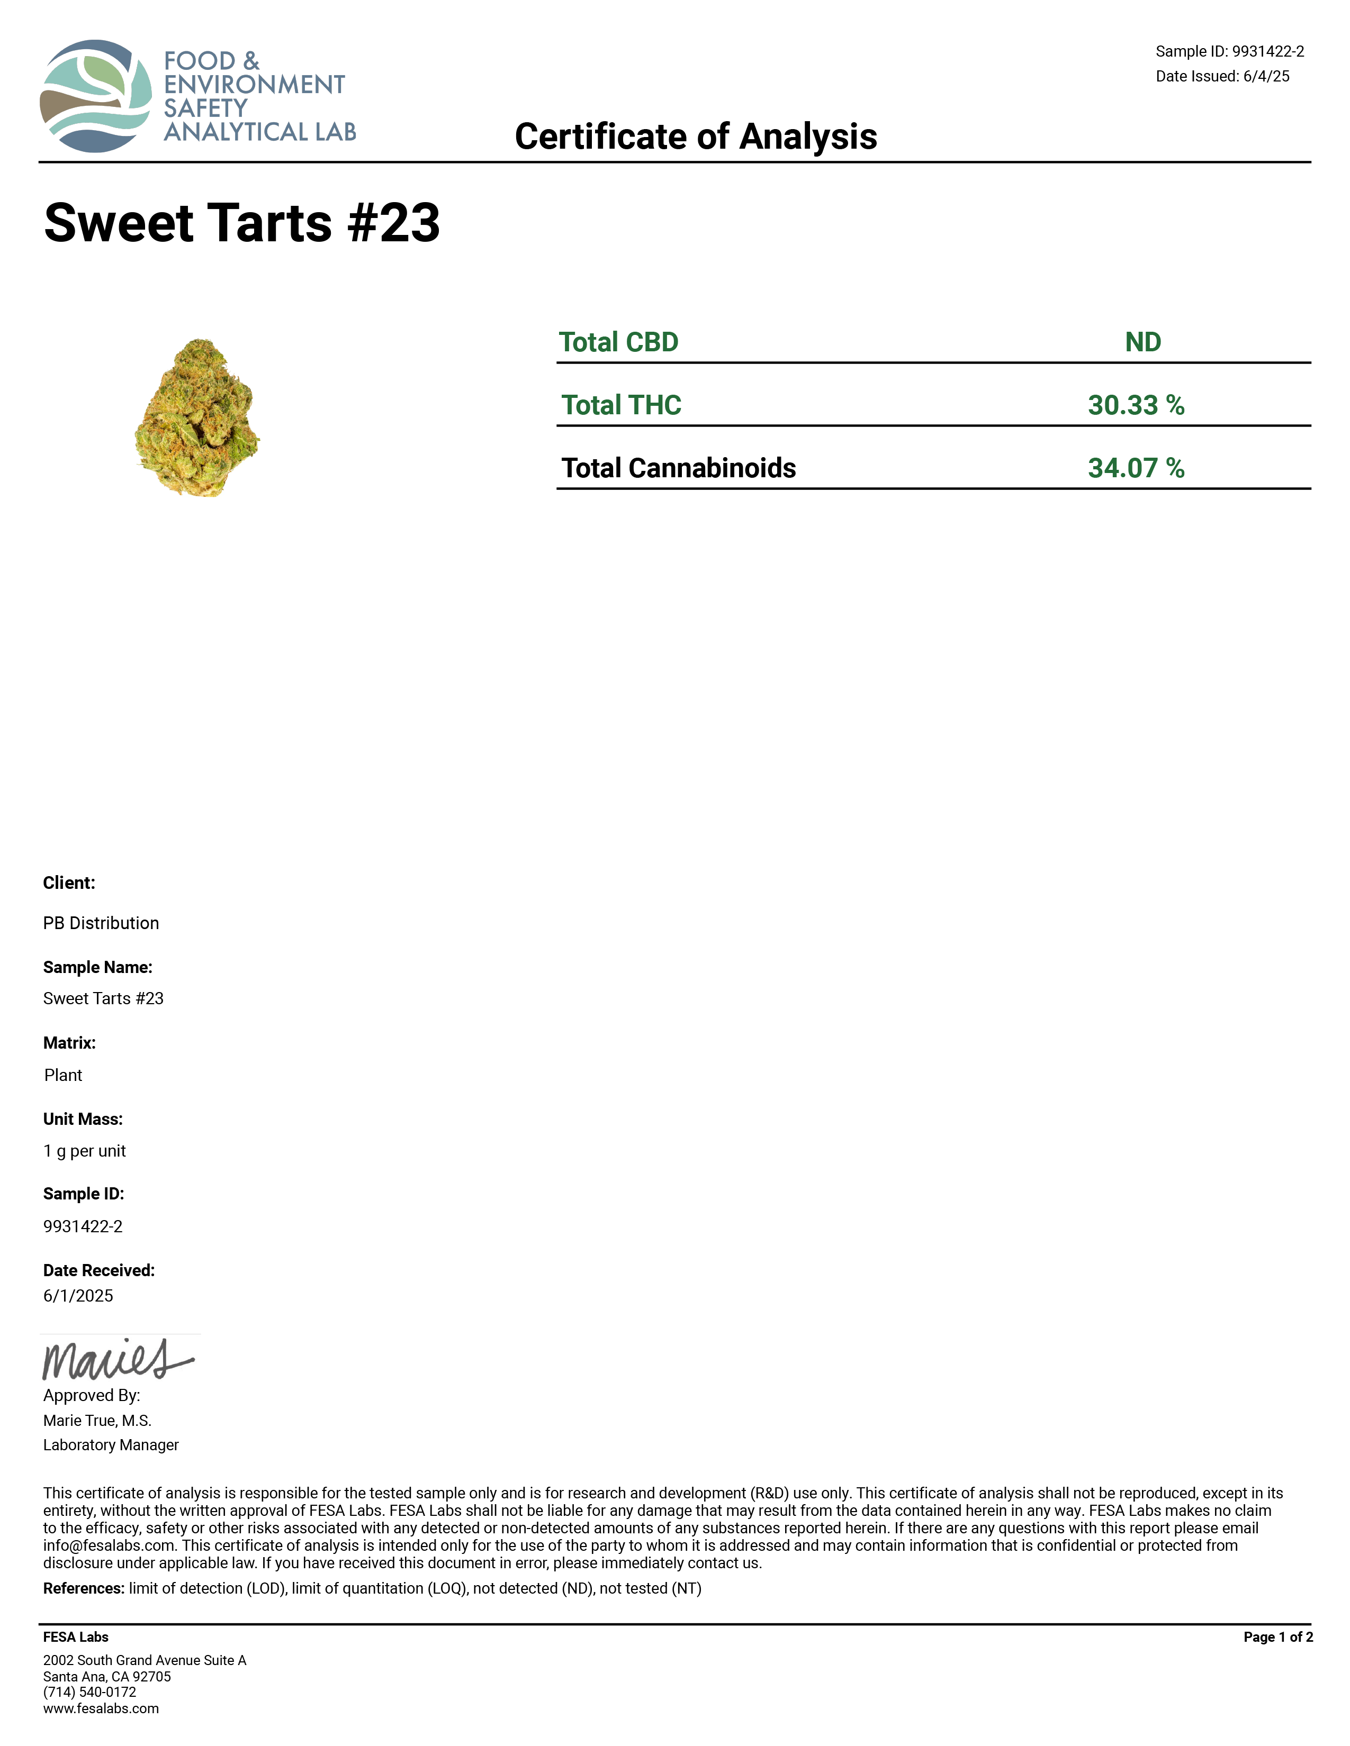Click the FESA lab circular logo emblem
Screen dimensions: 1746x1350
96,96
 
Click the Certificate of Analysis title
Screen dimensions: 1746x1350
695,137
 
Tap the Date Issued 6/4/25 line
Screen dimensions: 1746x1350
1222,77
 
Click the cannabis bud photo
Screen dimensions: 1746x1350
197,417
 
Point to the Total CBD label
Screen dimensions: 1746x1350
618,342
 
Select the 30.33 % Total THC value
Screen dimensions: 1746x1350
1136,405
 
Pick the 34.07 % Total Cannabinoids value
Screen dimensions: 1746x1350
1136,468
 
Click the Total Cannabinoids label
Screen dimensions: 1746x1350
678,468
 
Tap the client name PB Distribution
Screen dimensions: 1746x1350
101,923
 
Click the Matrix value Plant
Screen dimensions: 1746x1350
63,1075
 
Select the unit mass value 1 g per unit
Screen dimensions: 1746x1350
85,1151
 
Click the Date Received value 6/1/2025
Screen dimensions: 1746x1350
78,1296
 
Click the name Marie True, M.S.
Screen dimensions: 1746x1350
97,1421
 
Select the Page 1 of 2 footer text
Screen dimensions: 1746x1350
1277,1638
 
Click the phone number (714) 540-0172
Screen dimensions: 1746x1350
89,1693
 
